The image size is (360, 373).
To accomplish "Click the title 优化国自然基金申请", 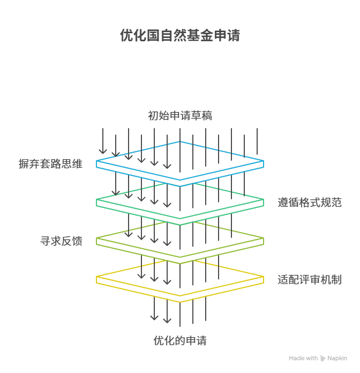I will [180, 36].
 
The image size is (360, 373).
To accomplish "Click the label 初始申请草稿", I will [180, 116].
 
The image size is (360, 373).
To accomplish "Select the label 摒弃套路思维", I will [50, 165].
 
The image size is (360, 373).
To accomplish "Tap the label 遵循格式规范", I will [310, 203].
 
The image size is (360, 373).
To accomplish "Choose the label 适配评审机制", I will [310, 280].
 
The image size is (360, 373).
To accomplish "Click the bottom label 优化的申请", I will [180, 341].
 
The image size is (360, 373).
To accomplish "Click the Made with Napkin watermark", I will [318, 358].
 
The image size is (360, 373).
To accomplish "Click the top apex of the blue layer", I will [180, 141].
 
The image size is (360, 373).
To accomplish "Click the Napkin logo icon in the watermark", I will [322, 358].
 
